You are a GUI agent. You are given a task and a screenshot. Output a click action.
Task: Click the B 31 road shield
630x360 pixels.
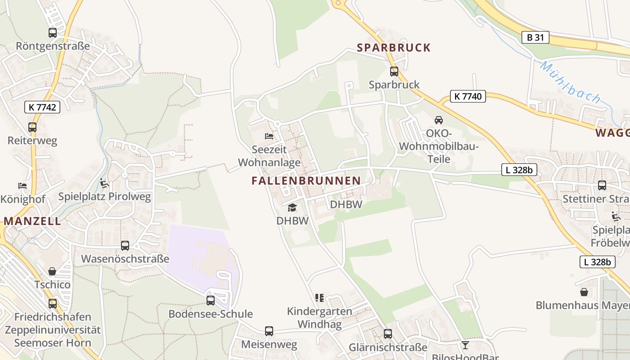[535, 37]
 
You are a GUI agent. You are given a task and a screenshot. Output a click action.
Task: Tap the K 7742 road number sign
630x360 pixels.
[42, 107]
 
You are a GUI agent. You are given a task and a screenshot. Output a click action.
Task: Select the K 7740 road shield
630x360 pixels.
[468, 96]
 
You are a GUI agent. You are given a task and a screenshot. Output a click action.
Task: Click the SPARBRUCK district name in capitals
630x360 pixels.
[394, 48]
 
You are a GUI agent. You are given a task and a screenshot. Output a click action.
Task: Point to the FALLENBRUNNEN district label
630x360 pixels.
[306, 181]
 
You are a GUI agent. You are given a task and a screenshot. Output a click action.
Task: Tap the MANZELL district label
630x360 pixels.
[32, 221]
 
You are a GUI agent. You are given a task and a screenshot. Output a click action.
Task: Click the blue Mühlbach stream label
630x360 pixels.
[570, 82]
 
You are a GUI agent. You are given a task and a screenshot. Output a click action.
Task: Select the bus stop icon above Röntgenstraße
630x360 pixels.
[53, 33]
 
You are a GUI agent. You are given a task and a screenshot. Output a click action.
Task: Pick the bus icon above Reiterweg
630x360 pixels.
[32, 127]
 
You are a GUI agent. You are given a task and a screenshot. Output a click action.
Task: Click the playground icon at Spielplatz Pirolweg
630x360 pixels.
[104, 183]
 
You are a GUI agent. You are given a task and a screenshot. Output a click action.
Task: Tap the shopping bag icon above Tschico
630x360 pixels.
[53, 271]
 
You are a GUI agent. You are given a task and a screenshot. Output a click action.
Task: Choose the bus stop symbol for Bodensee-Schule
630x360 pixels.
[211, 301]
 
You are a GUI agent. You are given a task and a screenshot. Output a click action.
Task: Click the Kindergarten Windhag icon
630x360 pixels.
[319, 298]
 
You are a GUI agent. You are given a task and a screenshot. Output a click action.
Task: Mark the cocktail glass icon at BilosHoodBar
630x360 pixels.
[465, 345]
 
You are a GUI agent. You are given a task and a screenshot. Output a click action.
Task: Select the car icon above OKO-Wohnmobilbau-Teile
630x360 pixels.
[438, 120]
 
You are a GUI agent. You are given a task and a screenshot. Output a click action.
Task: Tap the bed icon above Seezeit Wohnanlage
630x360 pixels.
[269, 136]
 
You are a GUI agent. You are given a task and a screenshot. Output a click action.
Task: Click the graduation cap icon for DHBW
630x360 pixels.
[292, 207]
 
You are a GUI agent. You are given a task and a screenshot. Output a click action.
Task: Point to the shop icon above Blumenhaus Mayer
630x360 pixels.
[584, 292]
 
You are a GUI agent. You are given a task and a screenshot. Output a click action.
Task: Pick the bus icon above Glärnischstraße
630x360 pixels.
[388, 334]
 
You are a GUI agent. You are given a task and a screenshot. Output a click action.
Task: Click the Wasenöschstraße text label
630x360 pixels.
[125, 259]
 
